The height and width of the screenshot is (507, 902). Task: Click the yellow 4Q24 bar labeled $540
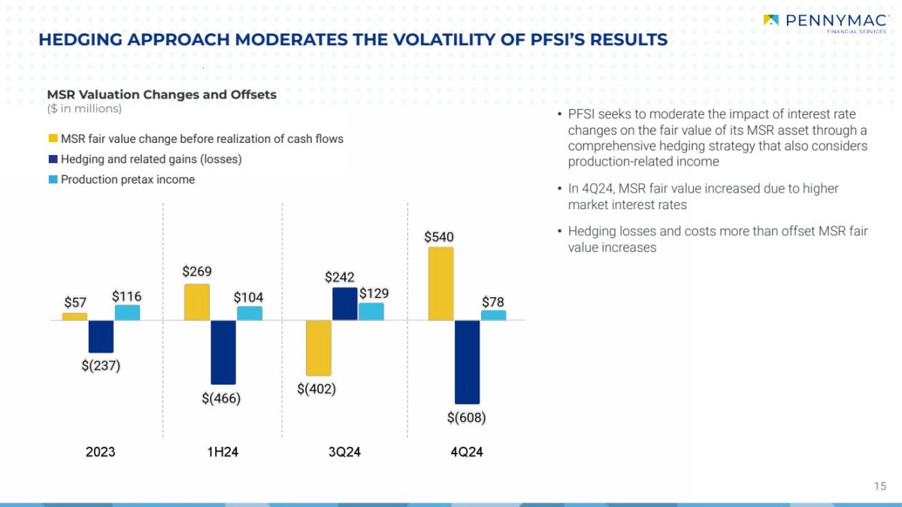pyautogui.click(x=440, y=284)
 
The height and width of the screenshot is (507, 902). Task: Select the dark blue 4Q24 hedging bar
pyautogui.click(x=467, y=362)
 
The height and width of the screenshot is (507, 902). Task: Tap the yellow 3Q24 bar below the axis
pyautogui.click(x=319, y=348)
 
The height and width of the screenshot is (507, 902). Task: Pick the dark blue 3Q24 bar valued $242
pyautogui.click(x=345, y=304)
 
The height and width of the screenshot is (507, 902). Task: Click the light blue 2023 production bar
pyautogui.click(x=127, y=312)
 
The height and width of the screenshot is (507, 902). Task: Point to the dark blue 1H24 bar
pyautogui.click(x=223, y=352)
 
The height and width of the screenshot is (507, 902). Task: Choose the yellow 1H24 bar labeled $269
pyautogui.click(x=197, y=302)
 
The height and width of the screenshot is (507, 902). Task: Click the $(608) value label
pyautogui.click(x=466, y=417)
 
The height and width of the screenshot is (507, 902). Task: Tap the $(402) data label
pyautogui.click(x=316, y=389)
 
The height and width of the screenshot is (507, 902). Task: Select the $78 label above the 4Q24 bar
pyautogui.click(x=493, y=302)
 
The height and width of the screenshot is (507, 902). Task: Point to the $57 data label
pyautogui.click(x=75, y=303)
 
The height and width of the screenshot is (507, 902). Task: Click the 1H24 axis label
pyautogui.click(x=222, y=452)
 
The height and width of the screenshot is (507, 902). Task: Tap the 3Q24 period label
pyautogui.click(x=345, y=452)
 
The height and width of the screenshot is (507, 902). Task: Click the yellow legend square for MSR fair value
pyautogui.click(x=53, y=139)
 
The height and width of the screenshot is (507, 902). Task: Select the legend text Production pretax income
pyautogui.click(x=128, y=180)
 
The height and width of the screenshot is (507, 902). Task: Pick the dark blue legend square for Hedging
pyautogui.click(x=53, y=159)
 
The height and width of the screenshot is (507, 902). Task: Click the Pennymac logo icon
pyautogui.click(x=771, y=20)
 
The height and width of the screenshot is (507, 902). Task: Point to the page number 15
pyautogui.click(x=880, y=486)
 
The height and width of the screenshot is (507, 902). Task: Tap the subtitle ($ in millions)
pyautogui.click(x=84, y=109)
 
